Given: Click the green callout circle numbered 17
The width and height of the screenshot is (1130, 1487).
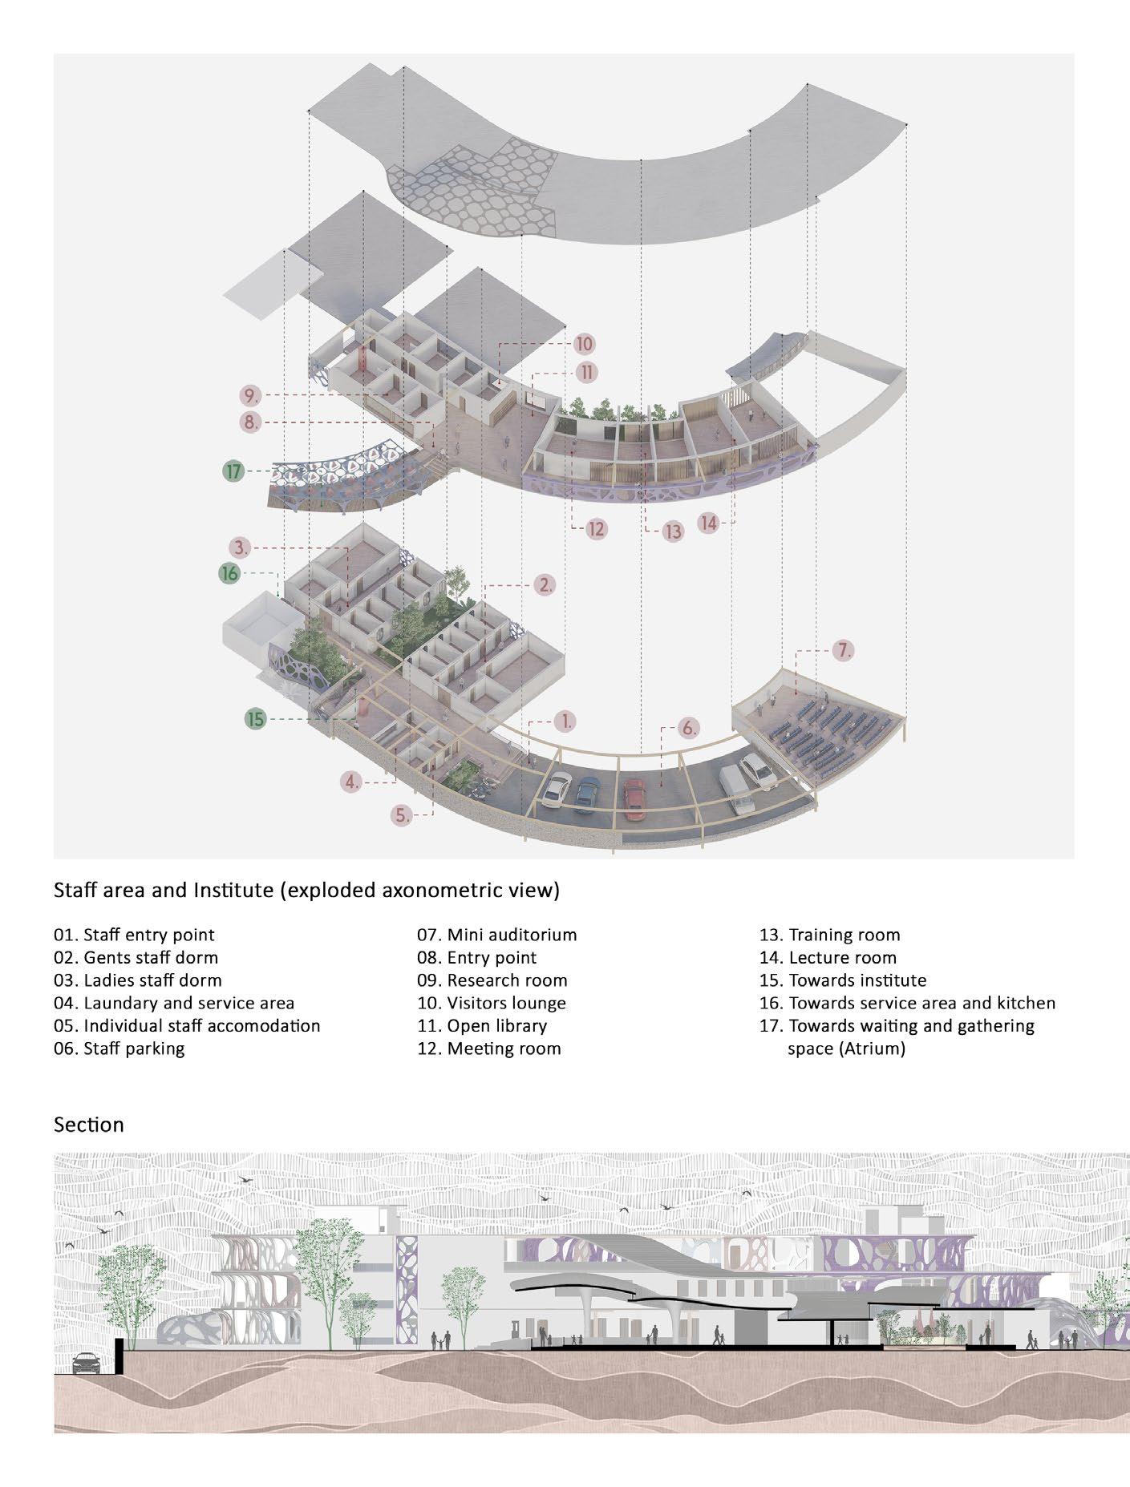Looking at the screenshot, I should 233,471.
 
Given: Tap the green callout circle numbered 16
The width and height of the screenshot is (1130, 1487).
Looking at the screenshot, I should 229,573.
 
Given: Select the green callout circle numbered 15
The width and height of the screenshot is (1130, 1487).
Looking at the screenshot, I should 255,719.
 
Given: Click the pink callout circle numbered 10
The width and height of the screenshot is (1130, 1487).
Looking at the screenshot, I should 584,345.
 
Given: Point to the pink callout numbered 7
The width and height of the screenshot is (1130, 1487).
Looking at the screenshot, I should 843,651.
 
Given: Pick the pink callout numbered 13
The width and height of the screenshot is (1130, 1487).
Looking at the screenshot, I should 674,531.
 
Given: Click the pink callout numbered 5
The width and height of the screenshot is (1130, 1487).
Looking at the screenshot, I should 403,816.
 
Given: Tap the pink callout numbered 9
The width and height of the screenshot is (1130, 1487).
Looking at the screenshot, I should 250,395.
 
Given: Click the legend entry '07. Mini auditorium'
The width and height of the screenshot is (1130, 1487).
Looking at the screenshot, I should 496,935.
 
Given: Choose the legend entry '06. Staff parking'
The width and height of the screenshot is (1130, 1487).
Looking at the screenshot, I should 119,1049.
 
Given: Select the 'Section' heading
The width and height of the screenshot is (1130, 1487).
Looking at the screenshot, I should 88,1125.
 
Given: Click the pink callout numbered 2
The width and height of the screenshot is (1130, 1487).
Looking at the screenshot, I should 545,584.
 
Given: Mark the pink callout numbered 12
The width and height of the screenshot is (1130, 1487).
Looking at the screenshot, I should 596,529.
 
